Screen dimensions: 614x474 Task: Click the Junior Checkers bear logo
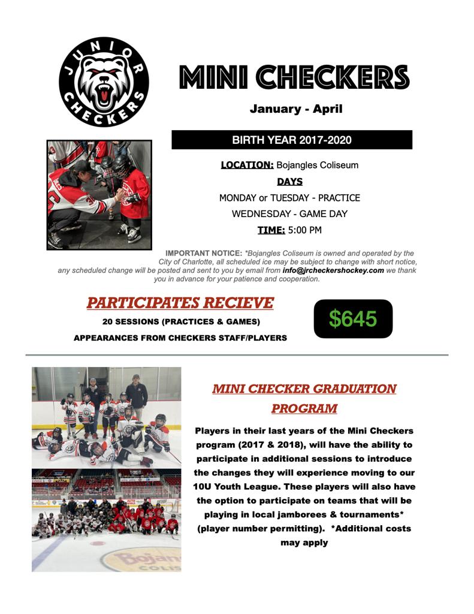coord(104,82)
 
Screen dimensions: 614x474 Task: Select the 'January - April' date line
coord(296,109)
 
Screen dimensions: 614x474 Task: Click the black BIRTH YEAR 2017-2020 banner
coord(292,140)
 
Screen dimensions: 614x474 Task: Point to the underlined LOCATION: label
coord(247,165)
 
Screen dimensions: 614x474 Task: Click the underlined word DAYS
coord(289,181)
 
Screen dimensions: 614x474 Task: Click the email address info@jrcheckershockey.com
coord(333,270)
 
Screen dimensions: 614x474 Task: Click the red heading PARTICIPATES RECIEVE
coord(180,303)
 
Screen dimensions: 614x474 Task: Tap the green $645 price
coord(353,319)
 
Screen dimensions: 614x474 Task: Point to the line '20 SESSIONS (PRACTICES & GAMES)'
coord(181,321)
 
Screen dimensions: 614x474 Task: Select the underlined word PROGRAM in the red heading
coord(304,409)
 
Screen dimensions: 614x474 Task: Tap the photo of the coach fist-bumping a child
coord(99,195)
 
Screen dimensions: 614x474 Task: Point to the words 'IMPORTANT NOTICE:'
coord(203,254)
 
